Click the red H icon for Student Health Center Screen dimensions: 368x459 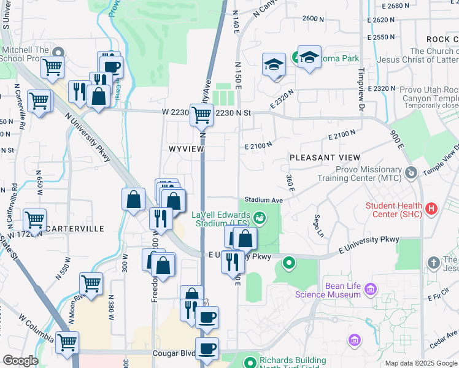pyautogui.click(x=431, y=209)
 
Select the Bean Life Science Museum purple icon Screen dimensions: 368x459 pyautogui.click(x=370, y=288)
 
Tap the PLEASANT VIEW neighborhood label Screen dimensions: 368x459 pyautogui.click(x=320, y=158)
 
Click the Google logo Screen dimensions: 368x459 pyautogui.click(x=20, y=361)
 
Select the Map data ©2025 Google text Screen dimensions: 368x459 pyautogui.click(x=421, y=363)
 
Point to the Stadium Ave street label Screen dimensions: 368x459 pyautogui.click(x=263, y=200)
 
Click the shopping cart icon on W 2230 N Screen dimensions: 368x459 pyautogui.click(x=201, y=114)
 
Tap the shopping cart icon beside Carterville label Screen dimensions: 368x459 pyautogui.click(x=34, y=218)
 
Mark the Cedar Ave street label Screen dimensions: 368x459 pyautogui.click(x=444, y=336)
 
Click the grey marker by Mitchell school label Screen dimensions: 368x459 pyautogui.click(x=59, y=52)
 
